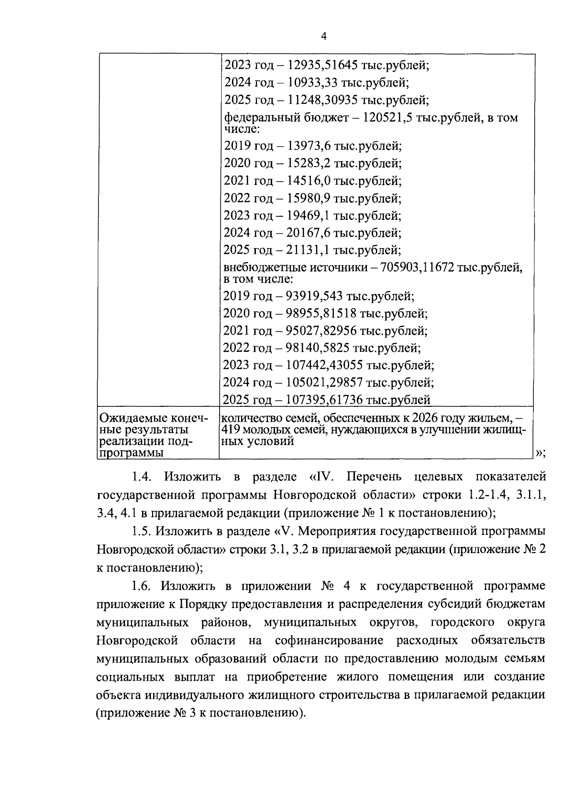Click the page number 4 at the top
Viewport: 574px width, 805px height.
[324, 37]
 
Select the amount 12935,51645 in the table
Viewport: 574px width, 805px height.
[321, 65]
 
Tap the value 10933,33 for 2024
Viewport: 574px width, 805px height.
[313, 83]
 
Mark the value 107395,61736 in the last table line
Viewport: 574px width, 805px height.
[328, 400]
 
